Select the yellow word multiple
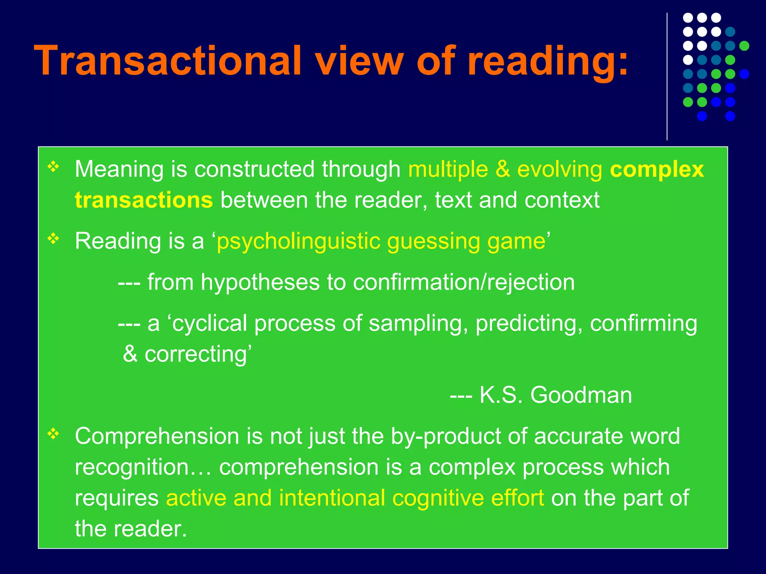(448, 169)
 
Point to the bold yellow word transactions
(144, 200)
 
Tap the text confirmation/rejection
(464, 282)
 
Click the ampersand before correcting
(130, 354)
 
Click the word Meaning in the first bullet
(119, 169)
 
